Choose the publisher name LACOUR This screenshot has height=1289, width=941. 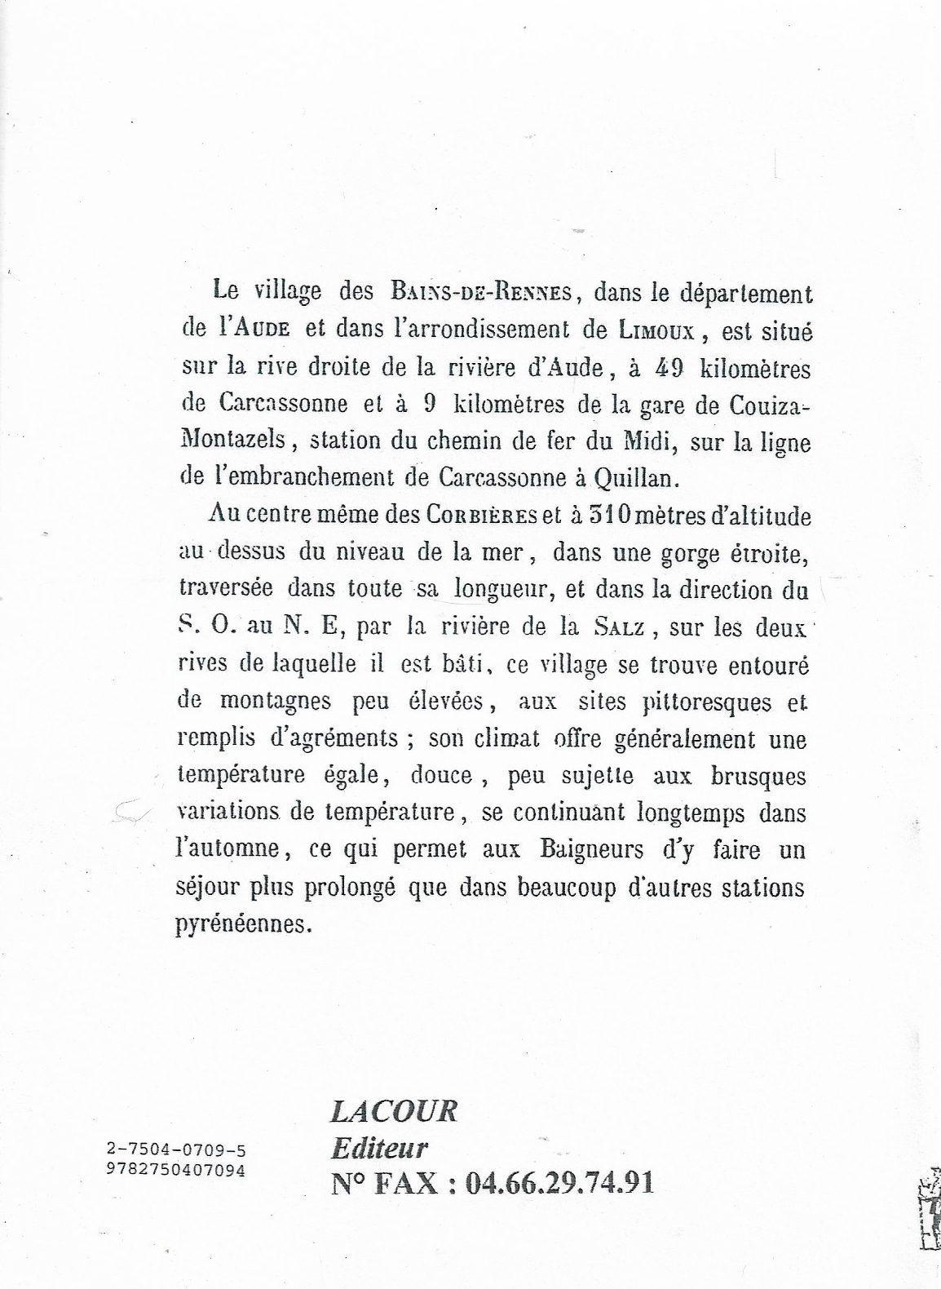click(394, 1111)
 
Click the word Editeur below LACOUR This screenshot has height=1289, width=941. click(379, 1148)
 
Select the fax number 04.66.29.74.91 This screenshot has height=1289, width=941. click(559, 1182)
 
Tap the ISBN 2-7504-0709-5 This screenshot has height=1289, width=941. click(176, 1150)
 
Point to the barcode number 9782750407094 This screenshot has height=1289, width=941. click(176, 1168)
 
